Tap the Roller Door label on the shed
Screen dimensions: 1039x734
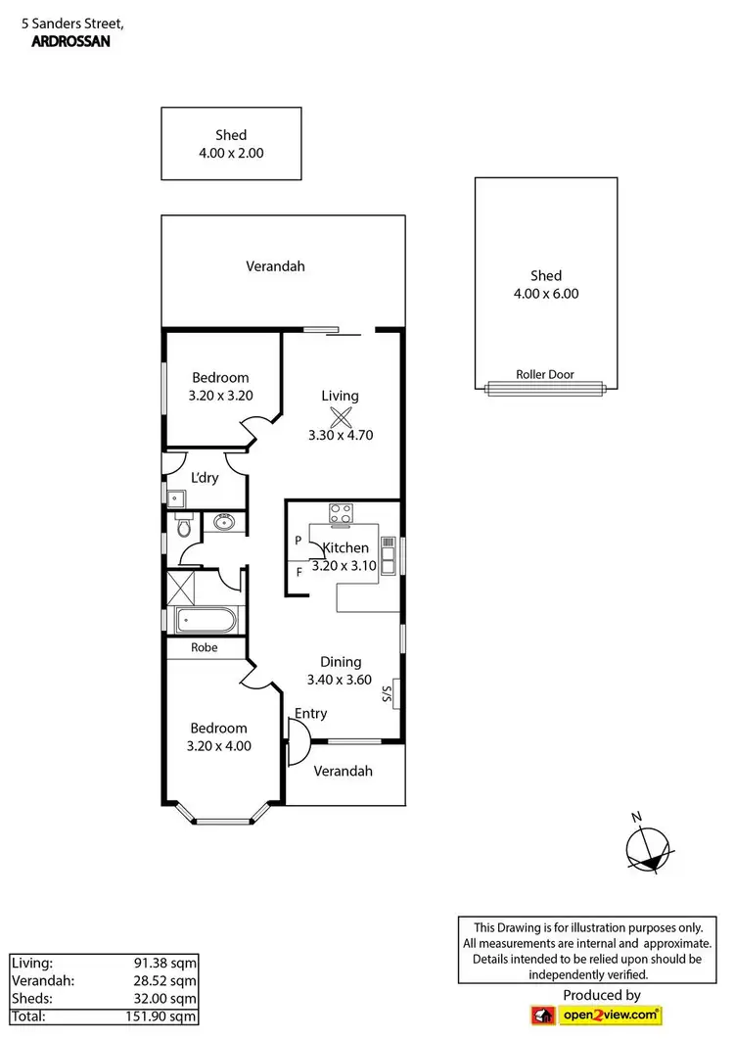point(545,374)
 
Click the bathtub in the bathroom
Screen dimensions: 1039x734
point(204,620)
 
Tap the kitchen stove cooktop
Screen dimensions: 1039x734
point(342,511)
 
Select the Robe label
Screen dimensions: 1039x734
point(204,647)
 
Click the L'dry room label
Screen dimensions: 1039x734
point(205,478)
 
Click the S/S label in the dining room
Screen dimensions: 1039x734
point(387,695)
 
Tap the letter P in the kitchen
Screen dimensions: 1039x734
point(298,541)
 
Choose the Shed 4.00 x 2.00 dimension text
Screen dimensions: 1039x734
point(231,153)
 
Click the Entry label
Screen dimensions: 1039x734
point(311,714)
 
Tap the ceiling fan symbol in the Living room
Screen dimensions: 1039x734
point(341,416)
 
